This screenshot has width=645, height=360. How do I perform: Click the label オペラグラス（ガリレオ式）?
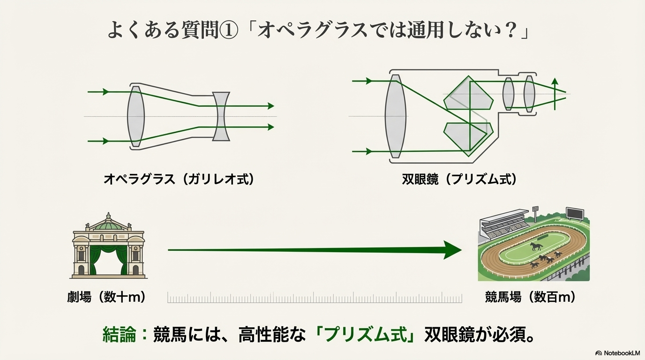(x=179, y=179)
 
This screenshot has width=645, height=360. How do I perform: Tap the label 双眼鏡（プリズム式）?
(x=459, y=179)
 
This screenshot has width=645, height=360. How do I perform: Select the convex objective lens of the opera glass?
(x=136, y=116)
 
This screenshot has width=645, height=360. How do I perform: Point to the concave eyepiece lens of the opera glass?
(x=221, y=116)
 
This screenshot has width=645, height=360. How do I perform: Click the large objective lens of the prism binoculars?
(x=395, y=116)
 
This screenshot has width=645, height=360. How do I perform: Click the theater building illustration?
(x=109, y=246)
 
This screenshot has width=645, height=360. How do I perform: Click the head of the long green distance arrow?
(x=452, y=250)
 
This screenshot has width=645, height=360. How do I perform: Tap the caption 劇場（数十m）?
(x=107, y=297)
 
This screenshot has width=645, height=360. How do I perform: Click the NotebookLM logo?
(x=617, y=352)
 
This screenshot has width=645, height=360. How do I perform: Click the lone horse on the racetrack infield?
(x=537, y=246)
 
